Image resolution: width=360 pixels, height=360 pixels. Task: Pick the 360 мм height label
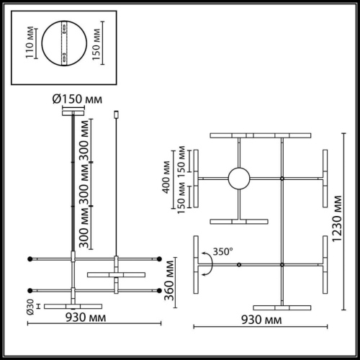(169, 283)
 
